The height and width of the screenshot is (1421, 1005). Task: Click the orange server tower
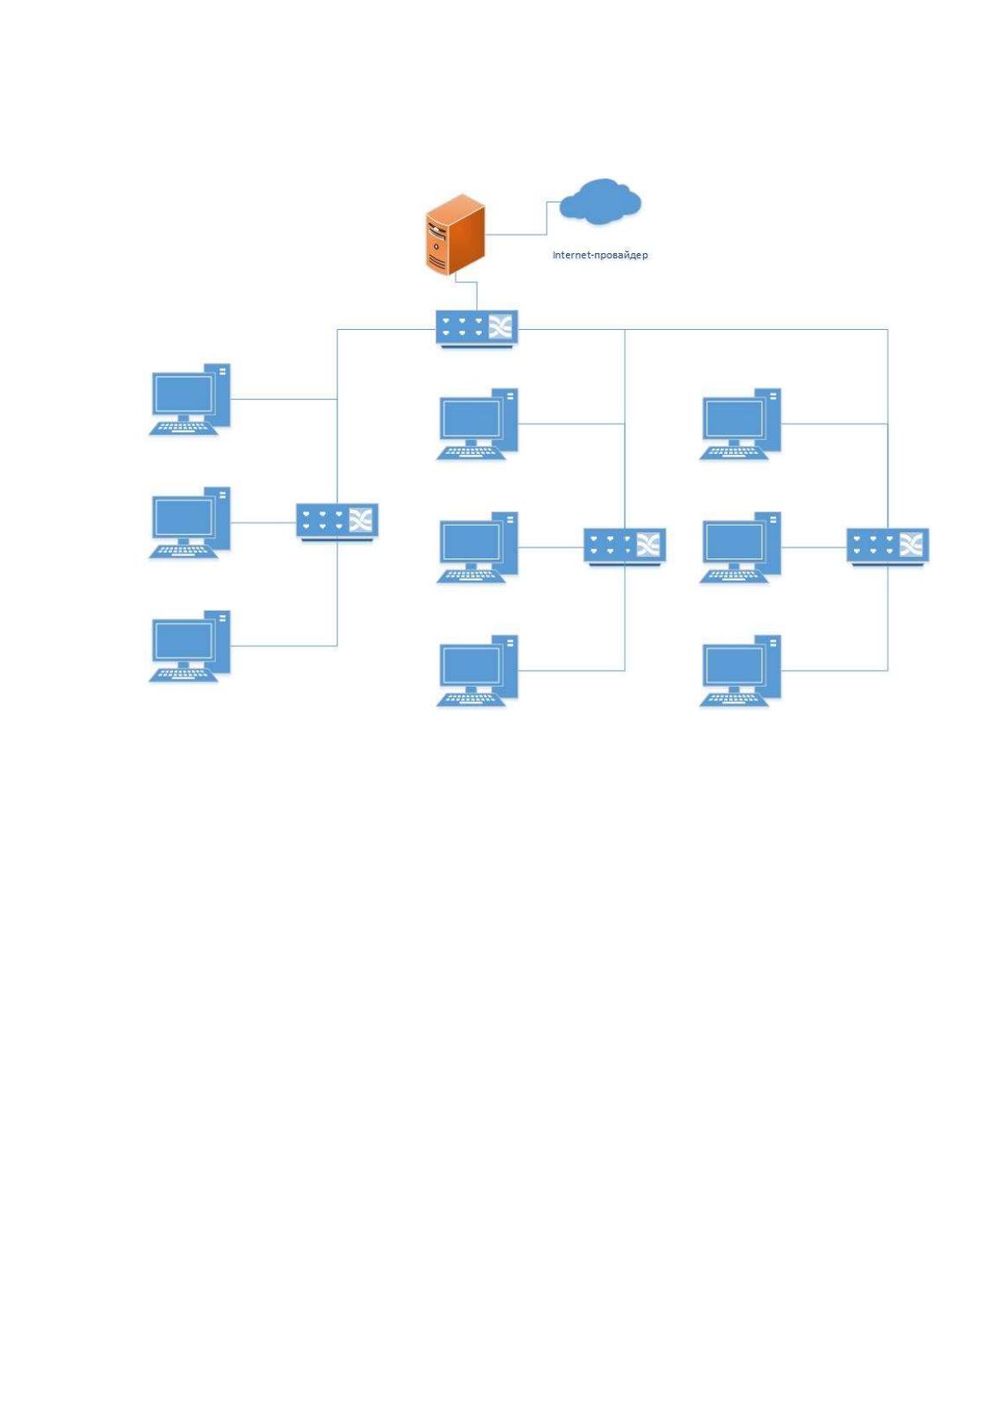click(455, 235)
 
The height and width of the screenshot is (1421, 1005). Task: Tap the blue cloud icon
click(600, 201)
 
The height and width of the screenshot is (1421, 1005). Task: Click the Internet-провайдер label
click(600, 255)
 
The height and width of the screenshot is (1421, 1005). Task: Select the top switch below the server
click(477, 329)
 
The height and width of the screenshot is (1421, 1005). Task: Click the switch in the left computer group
click(337, 522)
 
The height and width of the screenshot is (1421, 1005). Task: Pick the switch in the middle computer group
click(624, 546)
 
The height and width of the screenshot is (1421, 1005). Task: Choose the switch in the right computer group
click(888, 546)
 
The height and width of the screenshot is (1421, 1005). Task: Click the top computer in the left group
click(190, 399)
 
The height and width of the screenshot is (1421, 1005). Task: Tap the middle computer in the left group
click(190, 522)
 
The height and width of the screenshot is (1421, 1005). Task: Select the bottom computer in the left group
click(190, 646)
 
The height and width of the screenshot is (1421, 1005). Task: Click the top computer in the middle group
click(477, 424)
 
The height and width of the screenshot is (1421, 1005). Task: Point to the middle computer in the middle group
click(477, 547)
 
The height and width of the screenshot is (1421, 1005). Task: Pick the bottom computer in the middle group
click(477, 671)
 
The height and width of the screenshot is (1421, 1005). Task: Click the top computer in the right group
click(740, 424)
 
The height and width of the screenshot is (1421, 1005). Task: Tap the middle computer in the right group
click(740, 547)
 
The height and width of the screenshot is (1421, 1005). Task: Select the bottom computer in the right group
click(740, 671)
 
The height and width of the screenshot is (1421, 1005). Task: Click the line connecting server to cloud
click(546, 219)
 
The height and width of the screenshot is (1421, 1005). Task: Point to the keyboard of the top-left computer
click(183, 428)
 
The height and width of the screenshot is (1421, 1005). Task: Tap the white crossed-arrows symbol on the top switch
click(500, 327)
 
